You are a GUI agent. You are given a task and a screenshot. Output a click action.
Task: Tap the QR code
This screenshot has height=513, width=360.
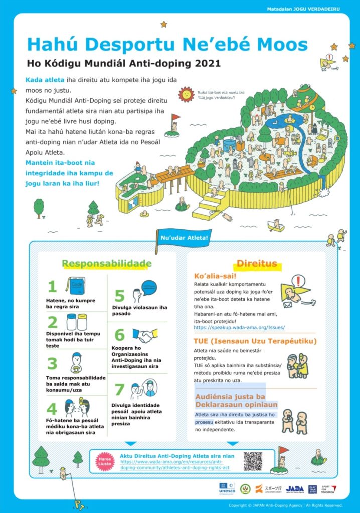(x=253, y=461)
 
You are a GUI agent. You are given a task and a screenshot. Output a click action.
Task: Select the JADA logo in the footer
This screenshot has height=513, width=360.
(x=296, y=489)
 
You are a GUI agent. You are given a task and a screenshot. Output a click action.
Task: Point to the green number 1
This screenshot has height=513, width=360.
(x=52, y=286)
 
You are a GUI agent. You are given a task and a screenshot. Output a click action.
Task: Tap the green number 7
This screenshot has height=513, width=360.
(x=119, y=389)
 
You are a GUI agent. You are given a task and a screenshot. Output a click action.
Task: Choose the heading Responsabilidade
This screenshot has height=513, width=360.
(x=106, y=263)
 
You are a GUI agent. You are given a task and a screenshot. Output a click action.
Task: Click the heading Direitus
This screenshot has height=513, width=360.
(x=257, y=263)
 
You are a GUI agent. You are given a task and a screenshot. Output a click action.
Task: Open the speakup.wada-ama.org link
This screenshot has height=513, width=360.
(x=240, y=327)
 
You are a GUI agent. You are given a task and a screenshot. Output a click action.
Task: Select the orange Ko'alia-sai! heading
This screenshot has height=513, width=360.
(x=215, y=276)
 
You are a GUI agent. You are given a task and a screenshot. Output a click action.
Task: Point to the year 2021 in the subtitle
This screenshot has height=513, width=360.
(x=206, y=64)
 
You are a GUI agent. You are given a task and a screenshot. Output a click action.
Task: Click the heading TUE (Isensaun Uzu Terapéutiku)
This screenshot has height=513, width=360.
(x=255, y=341)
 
